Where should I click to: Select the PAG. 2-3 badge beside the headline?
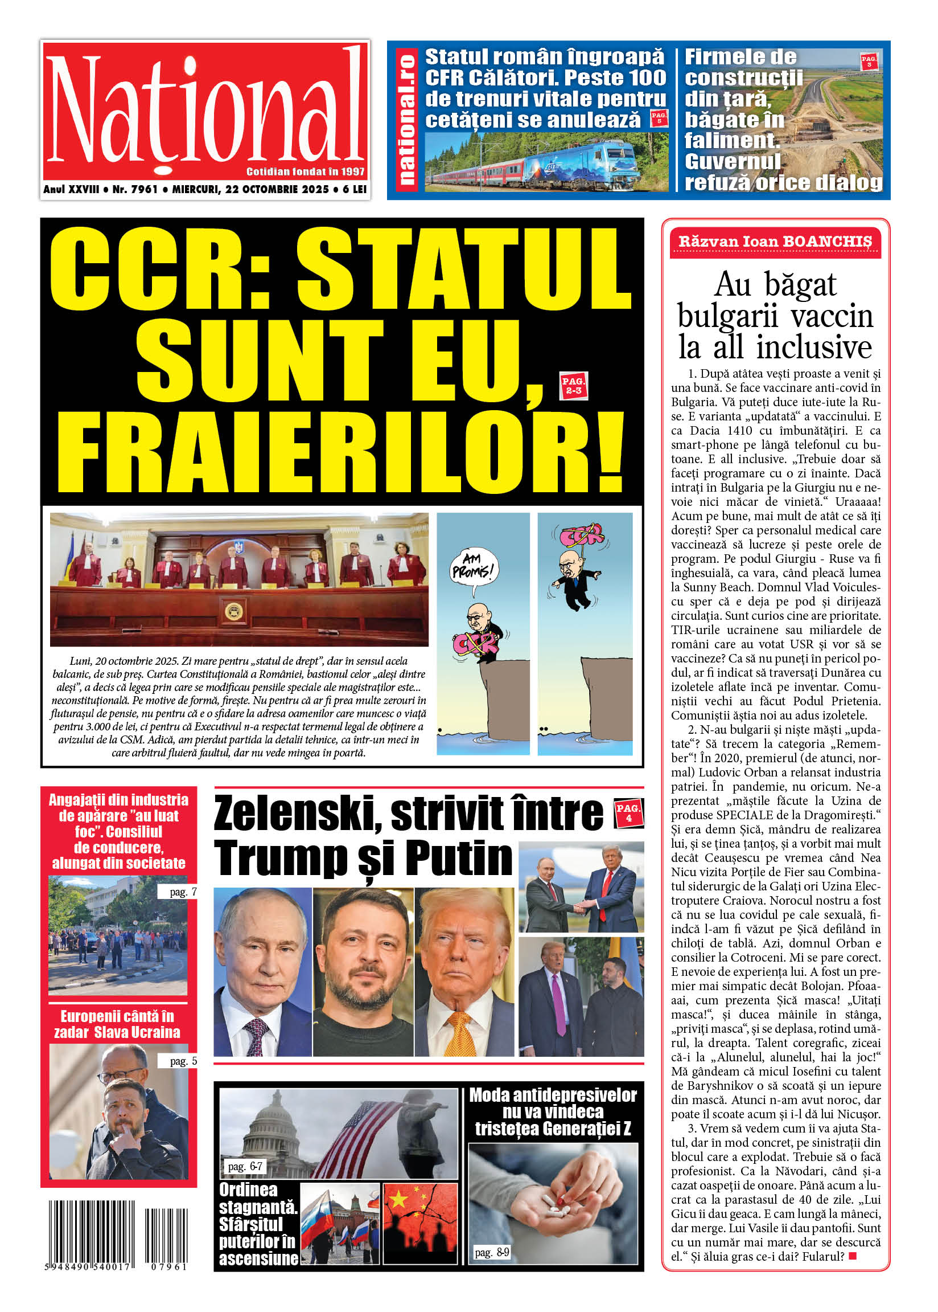[574, 386]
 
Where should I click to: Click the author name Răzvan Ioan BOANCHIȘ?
[775, 242]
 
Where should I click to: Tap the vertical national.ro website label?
[406, 120]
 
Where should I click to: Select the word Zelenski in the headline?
[295, 813]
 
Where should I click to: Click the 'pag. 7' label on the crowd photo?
[183, 892]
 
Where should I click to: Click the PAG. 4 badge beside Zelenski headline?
[628, 812]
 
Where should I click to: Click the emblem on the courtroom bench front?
[233, 610]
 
